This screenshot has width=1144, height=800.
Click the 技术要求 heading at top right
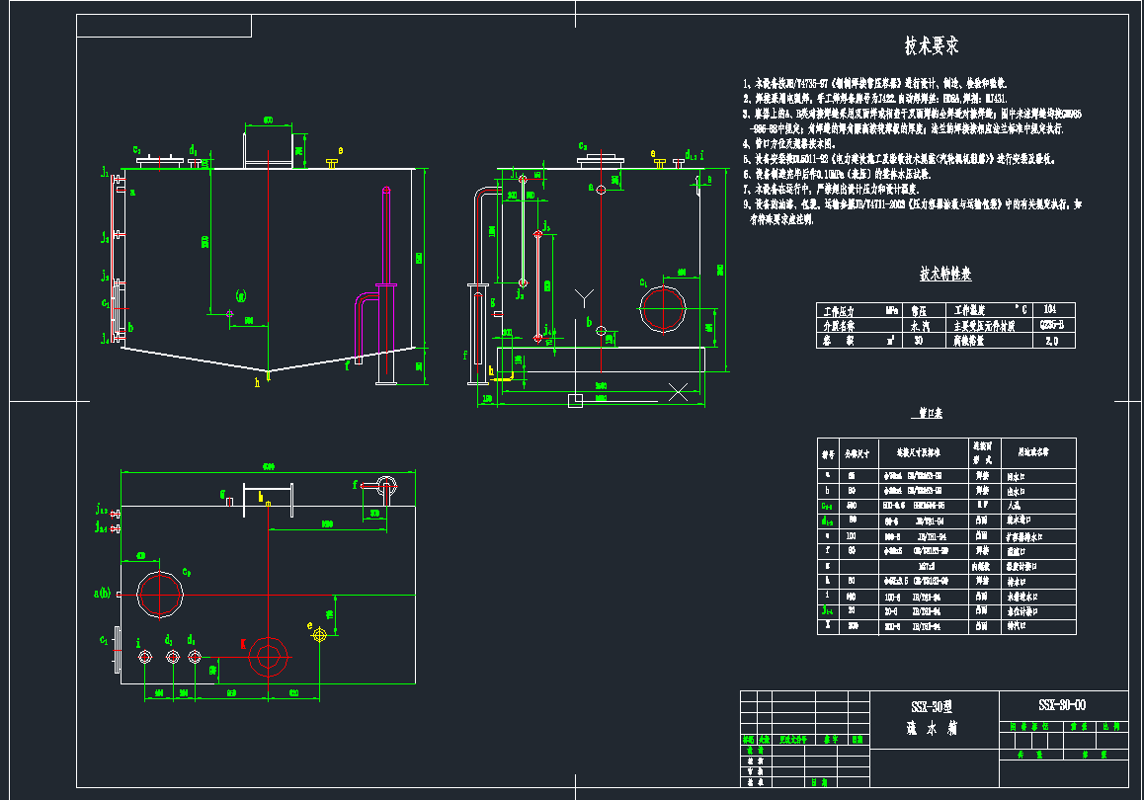[932, 45]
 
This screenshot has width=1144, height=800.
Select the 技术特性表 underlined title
[945, 275]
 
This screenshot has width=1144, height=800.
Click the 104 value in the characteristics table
[1051, 309]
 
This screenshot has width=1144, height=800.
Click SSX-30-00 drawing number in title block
[1062, 705]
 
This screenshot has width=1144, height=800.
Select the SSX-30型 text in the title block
[932, 708]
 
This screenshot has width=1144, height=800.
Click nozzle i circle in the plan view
[144, 657]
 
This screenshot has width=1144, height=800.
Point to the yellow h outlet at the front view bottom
[268, 374]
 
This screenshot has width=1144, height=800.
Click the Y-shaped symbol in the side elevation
[585, 296]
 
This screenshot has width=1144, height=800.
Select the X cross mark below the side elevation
[678, 391]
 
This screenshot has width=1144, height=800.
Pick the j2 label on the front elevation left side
[105, 237]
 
